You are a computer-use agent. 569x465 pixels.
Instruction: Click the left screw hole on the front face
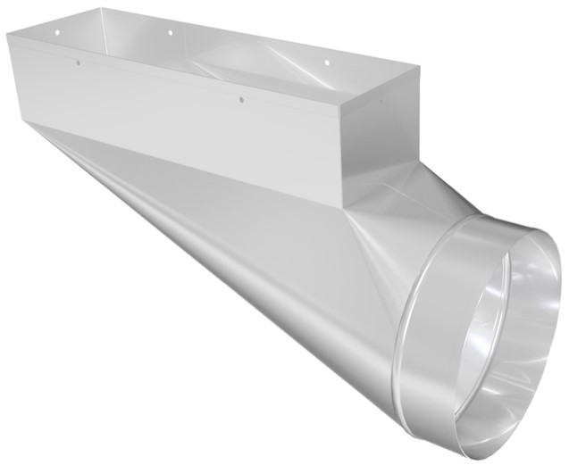click(x=78, y=63)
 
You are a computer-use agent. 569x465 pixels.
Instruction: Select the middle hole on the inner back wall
click(x=169, y=34)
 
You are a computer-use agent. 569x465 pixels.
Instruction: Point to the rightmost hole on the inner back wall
click(x=325, y=62)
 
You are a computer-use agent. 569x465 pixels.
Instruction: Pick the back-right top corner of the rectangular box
click(x=418, y=67)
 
